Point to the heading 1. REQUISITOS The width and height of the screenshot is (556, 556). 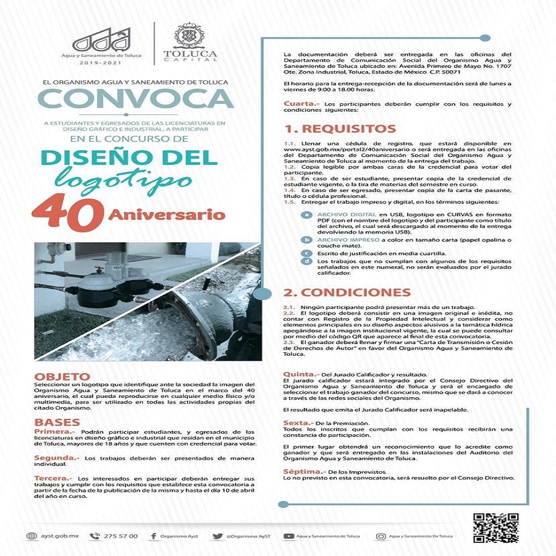[x=340, y=129]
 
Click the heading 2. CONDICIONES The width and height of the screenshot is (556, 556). [x=347, y=292]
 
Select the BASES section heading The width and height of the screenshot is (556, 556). [x=57, y=423]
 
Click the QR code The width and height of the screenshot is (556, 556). [x=495, y=528]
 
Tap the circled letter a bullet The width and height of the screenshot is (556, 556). [x=306, y=214]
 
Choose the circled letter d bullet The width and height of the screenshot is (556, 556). [x=306, y=261]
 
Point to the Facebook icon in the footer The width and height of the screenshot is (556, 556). [x=154, y=536]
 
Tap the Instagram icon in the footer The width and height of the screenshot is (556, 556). [x=381, y=536]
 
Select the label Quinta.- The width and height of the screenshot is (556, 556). [x=301, y=374]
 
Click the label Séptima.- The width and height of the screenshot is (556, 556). [x=303, y=471]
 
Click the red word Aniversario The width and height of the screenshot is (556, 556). [x=166, y=215]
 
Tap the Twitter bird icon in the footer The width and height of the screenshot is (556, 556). [x=217, y=536]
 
